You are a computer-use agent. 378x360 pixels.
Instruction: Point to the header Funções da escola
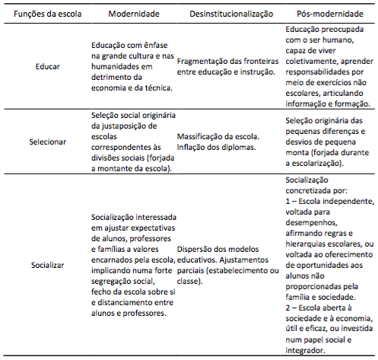[41, 15]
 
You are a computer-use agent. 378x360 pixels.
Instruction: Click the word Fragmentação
[204, 61]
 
